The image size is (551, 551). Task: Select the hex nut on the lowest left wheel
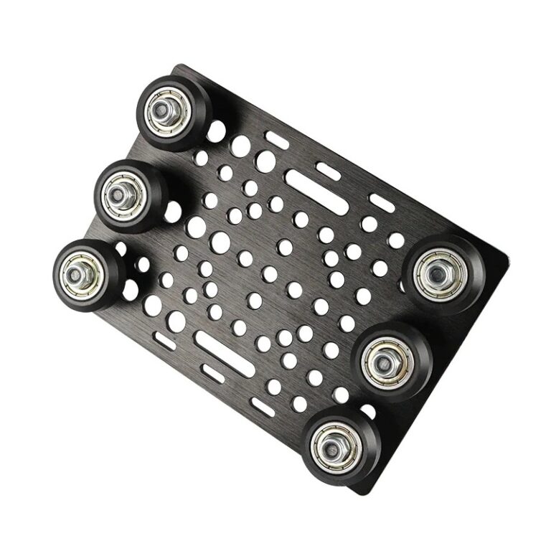point(78,273)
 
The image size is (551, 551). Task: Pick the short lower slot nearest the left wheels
point(165,341)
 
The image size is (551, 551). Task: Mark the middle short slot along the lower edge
point(214,373)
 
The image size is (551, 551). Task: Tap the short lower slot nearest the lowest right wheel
point(263,407)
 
